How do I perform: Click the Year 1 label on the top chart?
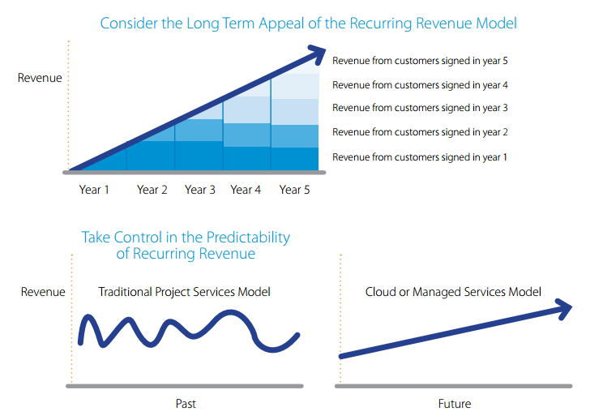coord(94,190)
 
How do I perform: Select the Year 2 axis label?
coord(152,190)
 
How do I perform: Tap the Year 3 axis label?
coord(200,190)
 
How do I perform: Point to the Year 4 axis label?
coord(246,190)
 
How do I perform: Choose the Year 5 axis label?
coord(295,190)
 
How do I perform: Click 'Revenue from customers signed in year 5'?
coord(420,61)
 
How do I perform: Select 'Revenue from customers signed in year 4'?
coord(420,84)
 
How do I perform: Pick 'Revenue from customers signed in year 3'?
coord(420,108)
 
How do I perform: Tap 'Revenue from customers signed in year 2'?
coord(420,132)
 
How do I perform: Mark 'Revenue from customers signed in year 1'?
coord(420,157)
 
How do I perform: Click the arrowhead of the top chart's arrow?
coord(319,54)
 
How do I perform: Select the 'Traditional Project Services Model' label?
coord(185,292)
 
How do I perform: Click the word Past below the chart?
coord(185,404)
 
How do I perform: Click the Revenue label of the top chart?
coord(40,79)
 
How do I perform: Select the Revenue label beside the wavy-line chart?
coord(43,292)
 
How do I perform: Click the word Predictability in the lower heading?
coord(245,238)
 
